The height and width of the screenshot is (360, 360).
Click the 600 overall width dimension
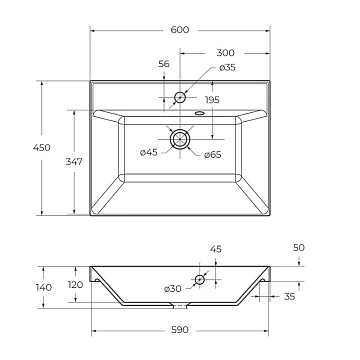pos(180,30)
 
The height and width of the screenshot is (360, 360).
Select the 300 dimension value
pos(226,53)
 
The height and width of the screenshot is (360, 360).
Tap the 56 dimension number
pos(164,64)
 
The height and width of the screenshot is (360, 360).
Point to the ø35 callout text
pos(227,67)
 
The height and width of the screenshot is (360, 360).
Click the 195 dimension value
pos(212,100)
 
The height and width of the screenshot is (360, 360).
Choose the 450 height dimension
pos(42,147)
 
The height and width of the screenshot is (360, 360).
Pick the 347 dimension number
pos(74,162)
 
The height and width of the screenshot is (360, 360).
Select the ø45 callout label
pos(149,153)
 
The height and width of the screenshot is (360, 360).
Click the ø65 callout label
pos(213,155)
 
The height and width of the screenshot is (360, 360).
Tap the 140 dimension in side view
pos(44,287)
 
